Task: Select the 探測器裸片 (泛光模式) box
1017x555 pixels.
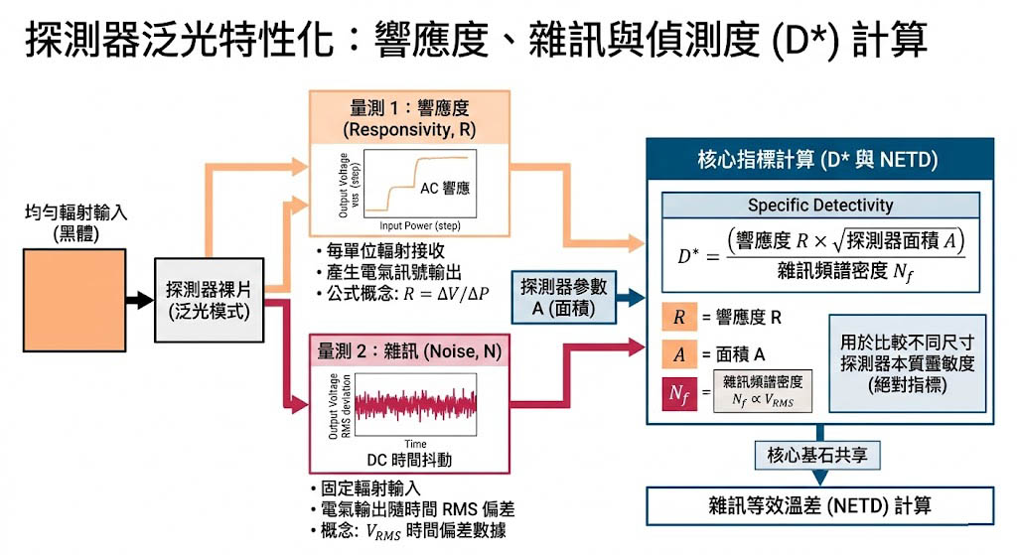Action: [208, 300]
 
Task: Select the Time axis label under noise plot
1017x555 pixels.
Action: [415, 443]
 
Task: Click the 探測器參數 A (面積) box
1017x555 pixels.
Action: [563, 295]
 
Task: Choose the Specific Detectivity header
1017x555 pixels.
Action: [819, 206]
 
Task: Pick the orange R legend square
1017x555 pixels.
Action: [679, 318]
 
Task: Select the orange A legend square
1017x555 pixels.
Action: [679, 353]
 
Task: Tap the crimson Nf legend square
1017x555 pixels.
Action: [679, 394]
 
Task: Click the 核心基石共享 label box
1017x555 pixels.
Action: [818, 456]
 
